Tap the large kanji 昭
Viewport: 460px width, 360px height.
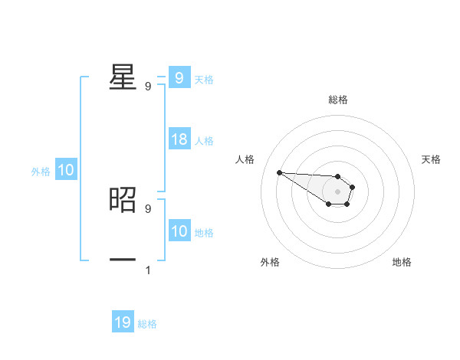[x=123, y=200]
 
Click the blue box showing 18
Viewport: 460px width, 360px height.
[x=179, y=139]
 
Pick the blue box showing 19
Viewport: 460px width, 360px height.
[x=123, y=322]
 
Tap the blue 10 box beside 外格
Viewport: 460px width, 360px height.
[x=66, y=170]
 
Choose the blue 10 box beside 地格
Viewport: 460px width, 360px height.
[x=179, y=231]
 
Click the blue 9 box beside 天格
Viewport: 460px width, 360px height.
[x=179, y=78]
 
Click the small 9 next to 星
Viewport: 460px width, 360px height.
[x=148, y=87]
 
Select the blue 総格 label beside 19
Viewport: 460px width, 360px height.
[x=147, y=324]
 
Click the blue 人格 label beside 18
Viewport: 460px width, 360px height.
[x=204, y=141]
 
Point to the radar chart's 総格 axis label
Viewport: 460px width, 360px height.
[x=337, y=100]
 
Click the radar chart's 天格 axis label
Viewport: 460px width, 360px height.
[x=432, y=159]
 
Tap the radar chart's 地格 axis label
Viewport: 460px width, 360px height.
[x=402, y=262]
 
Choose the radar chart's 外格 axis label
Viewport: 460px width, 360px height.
[x=270, y=262]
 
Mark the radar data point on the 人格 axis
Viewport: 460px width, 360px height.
[x=279, y=172]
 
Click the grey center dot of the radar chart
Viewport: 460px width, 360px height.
[x=337, y=191]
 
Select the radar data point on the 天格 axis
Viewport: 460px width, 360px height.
[x=352, y=187]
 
